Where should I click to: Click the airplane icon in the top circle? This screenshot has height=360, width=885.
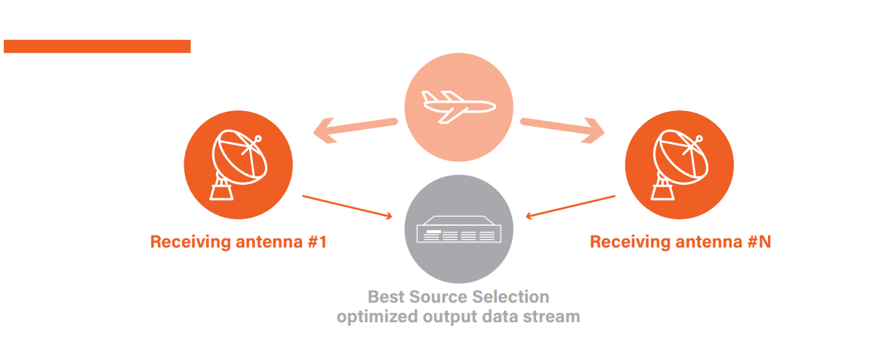click(458, 106)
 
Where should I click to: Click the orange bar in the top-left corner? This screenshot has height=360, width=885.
click(97, 46)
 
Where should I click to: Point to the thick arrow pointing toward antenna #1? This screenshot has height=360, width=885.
click(355, 129)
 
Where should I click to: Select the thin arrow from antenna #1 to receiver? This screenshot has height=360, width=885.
click(347, 207)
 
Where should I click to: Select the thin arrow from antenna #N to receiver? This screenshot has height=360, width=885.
click(571, 206)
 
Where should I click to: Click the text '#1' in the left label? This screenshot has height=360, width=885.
click(316, 242)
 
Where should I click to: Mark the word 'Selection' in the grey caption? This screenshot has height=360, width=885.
click(512, 296)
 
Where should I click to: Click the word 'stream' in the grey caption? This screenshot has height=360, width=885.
click(554, 316)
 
